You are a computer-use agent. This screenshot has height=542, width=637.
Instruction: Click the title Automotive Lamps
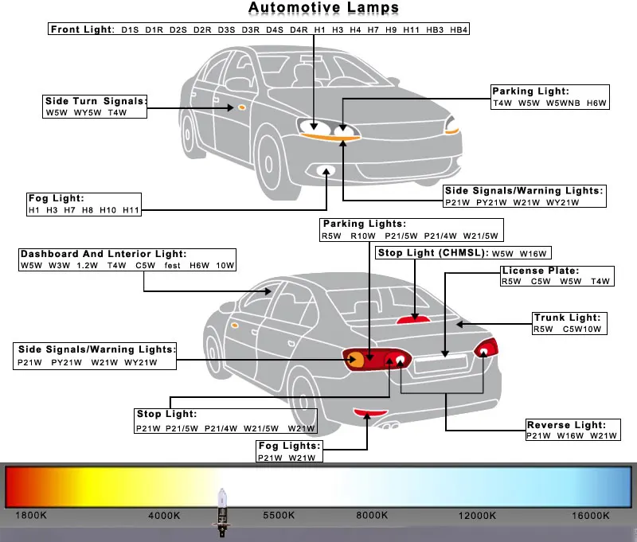click(323, 8)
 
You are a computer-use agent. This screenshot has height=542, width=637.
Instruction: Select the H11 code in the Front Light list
click(411, 29)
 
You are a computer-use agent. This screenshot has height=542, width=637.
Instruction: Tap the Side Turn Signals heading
click(96, 101)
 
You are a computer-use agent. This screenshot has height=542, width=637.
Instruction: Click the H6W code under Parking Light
click(596, 103)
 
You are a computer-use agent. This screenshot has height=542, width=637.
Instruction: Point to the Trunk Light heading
click(567, 318)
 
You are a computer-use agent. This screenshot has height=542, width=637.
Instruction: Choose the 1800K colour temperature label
click(31, 516)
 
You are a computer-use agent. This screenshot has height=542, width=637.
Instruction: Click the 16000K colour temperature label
click(590, 516)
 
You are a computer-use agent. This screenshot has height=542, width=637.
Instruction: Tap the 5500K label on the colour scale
click(279, 516)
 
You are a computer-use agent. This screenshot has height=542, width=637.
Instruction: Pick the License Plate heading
click(540, 271)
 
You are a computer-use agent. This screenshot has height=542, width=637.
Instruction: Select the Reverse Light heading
click(567, 425)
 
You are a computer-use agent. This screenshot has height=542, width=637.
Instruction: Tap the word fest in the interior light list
click(173, 265)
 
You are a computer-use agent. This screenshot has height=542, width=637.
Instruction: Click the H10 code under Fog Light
click(108, 210)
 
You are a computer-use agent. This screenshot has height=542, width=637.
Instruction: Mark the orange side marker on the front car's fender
click(238, 107)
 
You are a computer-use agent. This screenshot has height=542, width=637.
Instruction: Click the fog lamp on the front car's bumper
click(326, 170)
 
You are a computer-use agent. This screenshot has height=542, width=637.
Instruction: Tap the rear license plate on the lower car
click(440, 366)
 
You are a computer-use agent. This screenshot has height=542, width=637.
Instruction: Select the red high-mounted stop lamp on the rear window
click(412, 318)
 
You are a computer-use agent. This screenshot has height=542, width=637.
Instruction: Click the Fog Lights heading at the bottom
click(288, 446)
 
